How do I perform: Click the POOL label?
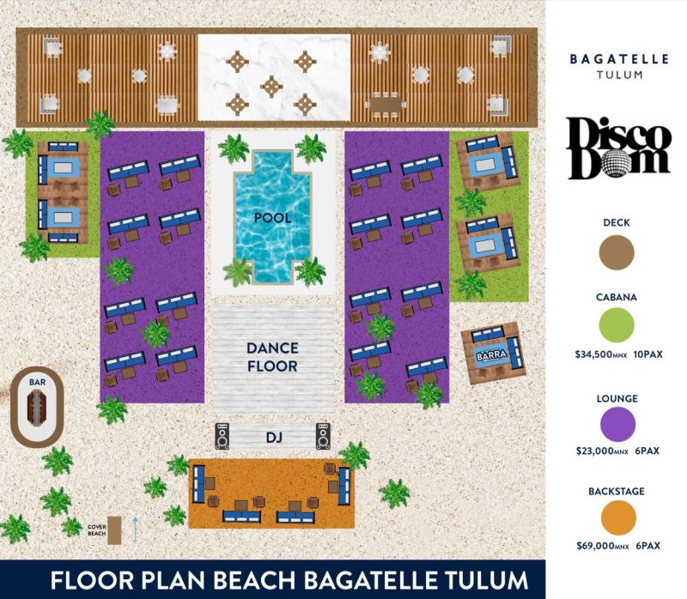272,218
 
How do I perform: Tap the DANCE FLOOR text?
272,357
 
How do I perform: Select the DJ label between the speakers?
274,437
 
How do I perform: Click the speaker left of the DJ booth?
222,436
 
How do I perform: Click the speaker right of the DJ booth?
324,436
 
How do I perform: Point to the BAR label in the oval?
37,382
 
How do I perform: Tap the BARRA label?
491,354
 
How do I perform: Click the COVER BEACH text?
97,530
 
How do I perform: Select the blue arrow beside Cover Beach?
136,529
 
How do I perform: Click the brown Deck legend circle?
617,251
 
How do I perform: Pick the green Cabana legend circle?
617,325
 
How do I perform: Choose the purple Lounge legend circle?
617,424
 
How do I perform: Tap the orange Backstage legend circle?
618,518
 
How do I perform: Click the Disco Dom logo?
618,148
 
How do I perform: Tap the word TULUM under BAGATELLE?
619,75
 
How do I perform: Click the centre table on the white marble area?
271,87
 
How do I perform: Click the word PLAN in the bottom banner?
176,579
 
